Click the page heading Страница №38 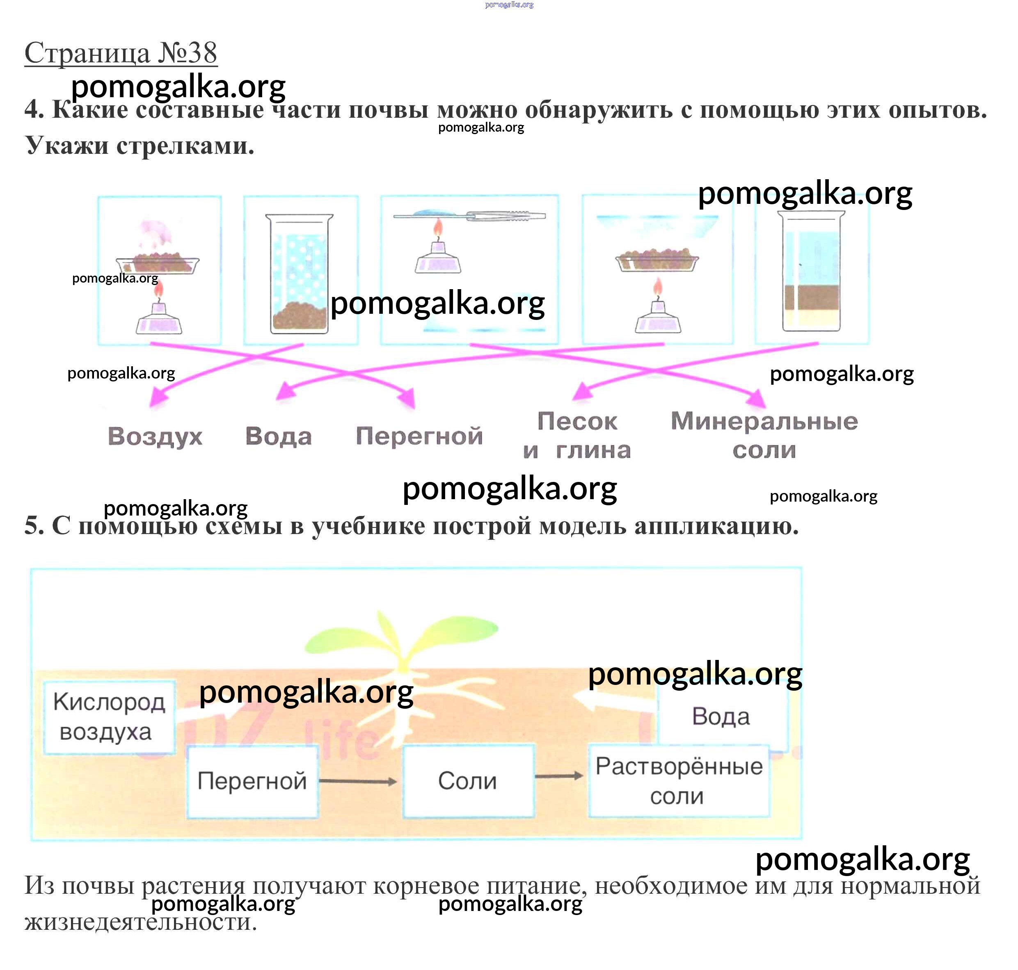pyautogui.click(x=121, y=53)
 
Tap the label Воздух pyautogui.click(x=155, y=436)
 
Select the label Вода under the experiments pyautogui.click(x=278, y=436)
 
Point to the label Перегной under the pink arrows pyautogui.click(x=419, y=436)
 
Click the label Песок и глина pyautogui.click(x=577, y=435)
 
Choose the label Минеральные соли pyautogui.click(x=764, y=435)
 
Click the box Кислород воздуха pyautogui.click(x=109, y=717)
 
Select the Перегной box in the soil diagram pyautogui.click(x=252, y=781)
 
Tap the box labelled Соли pyautogui.click(x=468, y=781)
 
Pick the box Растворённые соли pyautogui.click(x=679, y=781)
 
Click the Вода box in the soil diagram pyautogui.click(x=721, y=717)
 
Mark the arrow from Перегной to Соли pyautogui.click(x=358, y=781)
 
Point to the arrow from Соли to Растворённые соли pyautogui.click(x=559, y=776)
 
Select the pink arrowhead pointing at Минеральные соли pyautogui.click(x=757, y=399)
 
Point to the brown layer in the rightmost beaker pyautogui.click(x=811, y=297)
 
